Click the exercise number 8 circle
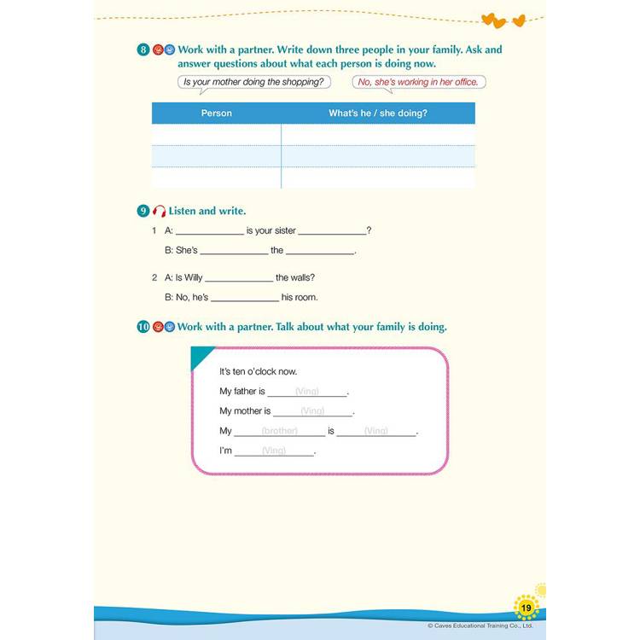click(x=143, y=49)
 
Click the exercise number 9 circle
click(x=143, y=211)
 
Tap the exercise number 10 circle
click(x=143, y=327)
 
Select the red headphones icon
click(x=158, y=211)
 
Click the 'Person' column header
click(x=216, y=113)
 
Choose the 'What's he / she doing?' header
click(x=377, y=113)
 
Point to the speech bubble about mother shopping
click(x=253, y=82)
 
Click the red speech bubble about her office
click(x=419, y=82)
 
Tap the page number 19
click(x=527, y=608)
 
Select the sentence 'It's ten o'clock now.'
click(x=258, y=371)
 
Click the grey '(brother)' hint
click(x=279, y=431)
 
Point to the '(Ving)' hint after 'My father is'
click(x=306, y=392)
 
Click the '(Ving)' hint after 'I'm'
click(x=274, y=451)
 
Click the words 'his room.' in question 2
click(x=300, y=297)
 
